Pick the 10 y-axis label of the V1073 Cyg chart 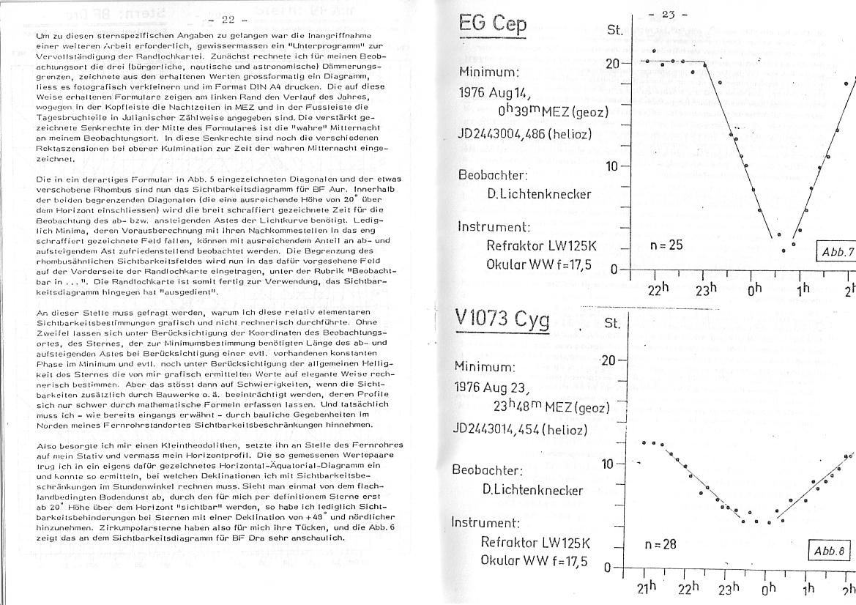609,464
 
